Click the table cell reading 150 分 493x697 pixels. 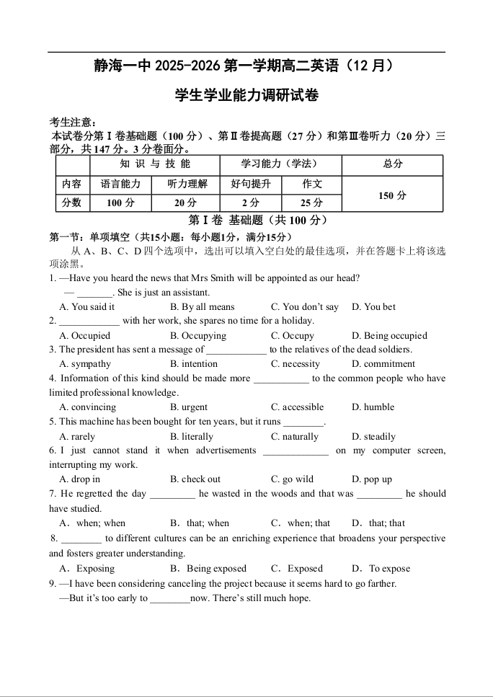click(x=392, y=195)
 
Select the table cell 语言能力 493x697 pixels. click(x=120, y=185)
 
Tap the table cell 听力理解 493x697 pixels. click(x=187, y=185)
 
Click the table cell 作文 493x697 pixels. click(x=311, y=185)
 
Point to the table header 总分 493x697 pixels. click(x=392, y=164)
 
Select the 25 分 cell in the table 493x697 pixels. click(x=311, y=203)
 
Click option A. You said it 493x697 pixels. click(x=87, y=307)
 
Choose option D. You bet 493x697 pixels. click(x=373, y=307)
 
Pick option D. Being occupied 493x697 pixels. click(x=389, y=336)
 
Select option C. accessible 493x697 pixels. click(x=297, y=407)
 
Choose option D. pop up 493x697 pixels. click(x=372, y=479)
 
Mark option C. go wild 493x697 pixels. click(x=292, y=479)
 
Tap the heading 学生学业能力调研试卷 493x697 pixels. click(x=246, y=95)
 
